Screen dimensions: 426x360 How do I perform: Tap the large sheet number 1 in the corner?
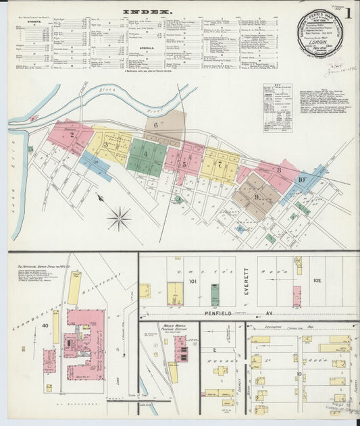(x=348, y=12)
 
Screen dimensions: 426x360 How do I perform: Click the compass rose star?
(x=120, y=218)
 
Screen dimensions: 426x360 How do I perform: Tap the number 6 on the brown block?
(x=155, y=124)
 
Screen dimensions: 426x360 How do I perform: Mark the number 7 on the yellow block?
(x=220, y=164)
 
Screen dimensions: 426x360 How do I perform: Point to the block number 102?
(x=317, y=279)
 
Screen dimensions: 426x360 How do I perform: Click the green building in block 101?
(x=214, y=294)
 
